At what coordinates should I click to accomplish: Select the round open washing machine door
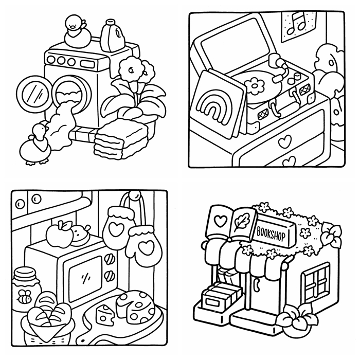coord(32,94)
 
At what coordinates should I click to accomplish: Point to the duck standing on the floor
coord(35,145)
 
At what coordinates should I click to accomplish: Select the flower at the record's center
coord(255,86)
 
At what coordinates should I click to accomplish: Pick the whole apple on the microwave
coord(59,234)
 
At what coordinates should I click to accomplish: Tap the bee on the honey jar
coord(25,296)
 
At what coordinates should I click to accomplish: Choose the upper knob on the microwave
coord(110,259)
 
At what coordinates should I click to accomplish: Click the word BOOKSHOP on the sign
coord(271,233)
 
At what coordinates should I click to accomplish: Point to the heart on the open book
coord(221,221)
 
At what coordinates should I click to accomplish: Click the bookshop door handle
coord(257,284)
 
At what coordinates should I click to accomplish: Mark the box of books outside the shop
coord(221,297)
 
